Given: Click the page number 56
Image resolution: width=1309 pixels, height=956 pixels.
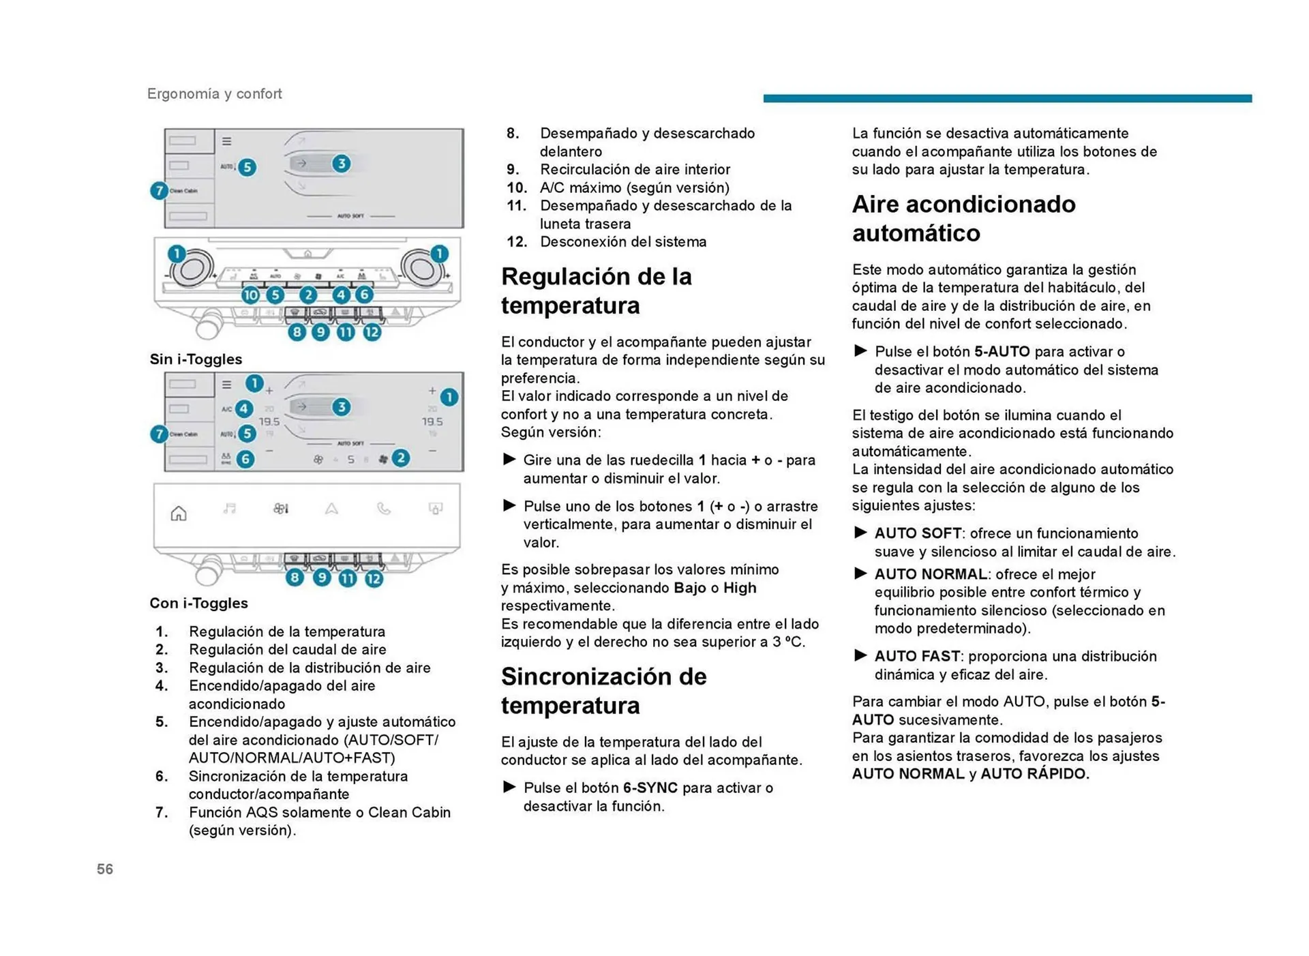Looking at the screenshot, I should pyautogui.click(x=105, y=869).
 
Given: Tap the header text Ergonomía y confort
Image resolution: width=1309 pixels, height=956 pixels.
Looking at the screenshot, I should pyautogui.click(x=214, y=93).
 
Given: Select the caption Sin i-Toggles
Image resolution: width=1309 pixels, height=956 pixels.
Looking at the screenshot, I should pyautogui.click(x=196, y=359).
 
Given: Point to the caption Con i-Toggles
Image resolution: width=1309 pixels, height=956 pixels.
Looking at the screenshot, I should pyautogui.click(x=198, y=603).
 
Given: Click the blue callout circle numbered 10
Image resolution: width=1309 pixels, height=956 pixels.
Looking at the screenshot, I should pyautogui.click(x=250, y=295).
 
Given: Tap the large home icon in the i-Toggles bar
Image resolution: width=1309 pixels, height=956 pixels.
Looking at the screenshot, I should pyautogui.click(x=179, y=513).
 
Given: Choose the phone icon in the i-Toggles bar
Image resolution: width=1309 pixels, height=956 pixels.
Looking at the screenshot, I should pyautogui.click(x=384, y=509).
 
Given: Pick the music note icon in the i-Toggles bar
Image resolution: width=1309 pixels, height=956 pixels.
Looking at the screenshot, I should pyautogui.click(x=230, y=509).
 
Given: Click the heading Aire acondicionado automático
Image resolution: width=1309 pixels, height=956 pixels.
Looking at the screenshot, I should pyautogui.click(x=963, y=218).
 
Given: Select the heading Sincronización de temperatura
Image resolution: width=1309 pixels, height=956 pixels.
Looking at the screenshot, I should pyautogui.click(x=603, y=690).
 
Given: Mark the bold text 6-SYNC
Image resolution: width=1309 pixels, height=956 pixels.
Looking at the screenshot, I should pyautogui.click(x=650, y=788).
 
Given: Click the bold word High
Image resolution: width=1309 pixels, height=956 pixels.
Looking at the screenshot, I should pyautogui.click(x=740, y=588).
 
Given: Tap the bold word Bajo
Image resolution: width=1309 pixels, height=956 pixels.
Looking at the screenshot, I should pyautogui.click(x=689, y=588).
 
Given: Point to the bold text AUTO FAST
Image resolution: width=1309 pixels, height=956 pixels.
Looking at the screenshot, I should pyautogui.click(x=917, y=656).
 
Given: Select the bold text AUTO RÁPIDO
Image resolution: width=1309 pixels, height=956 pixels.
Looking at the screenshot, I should pyautogui.click(x=1034, y=774).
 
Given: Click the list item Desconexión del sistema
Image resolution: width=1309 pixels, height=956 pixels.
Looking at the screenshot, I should pyautogui.click(x=622, y=241).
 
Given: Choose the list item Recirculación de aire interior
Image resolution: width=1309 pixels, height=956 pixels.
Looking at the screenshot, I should pyautogui.click(x=634, y=169).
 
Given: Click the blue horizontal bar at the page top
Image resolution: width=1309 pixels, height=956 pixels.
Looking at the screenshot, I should pyautogui.click(x=1007, y=98).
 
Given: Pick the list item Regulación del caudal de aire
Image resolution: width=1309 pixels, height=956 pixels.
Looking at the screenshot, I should pyautogui.click(x=287, y=649).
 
